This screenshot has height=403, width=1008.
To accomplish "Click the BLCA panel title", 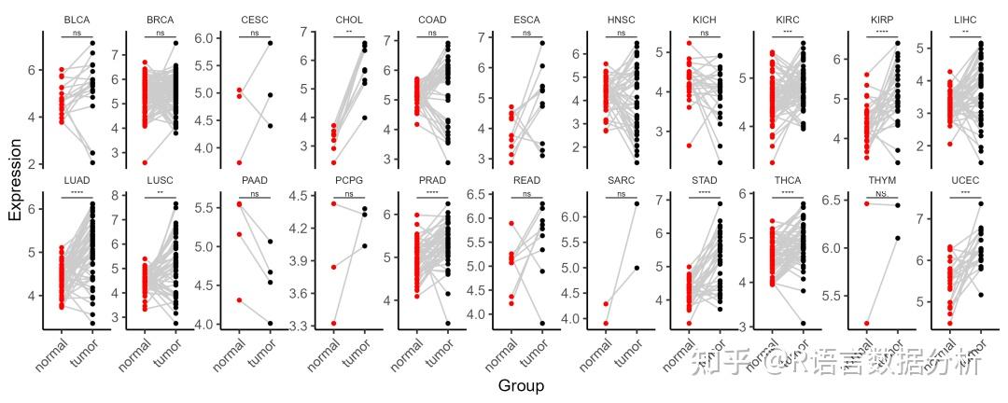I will (x=77, y=20).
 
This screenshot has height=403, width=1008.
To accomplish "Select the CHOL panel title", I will (x=348, y=20).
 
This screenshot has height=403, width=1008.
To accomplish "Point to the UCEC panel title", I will (x=966, y=180).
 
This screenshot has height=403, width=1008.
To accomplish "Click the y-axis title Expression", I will (x=15, y=180).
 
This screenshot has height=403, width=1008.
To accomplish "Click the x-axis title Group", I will (x=520, y=385).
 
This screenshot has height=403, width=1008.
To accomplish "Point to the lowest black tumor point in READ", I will (x=541, y=323).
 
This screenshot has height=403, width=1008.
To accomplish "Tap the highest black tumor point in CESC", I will (x=271, y=43).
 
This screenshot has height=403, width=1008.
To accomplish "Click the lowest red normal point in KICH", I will (x=689, y=146).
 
